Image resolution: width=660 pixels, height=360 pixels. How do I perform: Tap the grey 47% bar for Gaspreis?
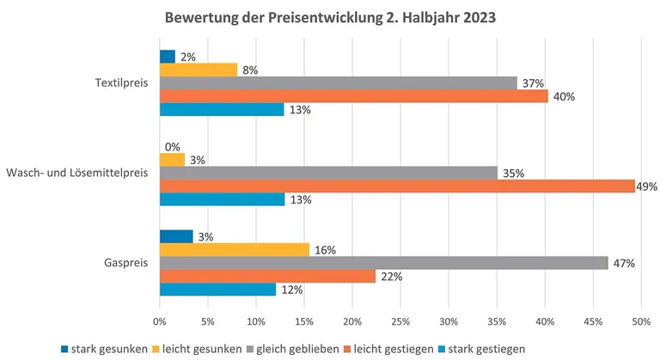point(383,263)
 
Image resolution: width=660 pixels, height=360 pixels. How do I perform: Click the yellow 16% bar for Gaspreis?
point(235,249)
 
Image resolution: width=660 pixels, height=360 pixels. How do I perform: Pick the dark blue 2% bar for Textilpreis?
point(168,56)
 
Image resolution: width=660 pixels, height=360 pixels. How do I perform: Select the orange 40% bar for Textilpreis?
point(353,96)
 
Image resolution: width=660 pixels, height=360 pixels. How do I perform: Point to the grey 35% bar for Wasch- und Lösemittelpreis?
point(328,173)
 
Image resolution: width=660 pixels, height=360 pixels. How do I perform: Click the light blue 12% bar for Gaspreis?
point(217,290)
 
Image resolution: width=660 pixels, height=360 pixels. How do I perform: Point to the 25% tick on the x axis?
point(400,321)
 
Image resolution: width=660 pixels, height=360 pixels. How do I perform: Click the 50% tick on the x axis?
point(639,321)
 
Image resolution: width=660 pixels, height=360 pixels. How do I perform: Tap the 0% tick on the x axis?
point(160,321)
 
